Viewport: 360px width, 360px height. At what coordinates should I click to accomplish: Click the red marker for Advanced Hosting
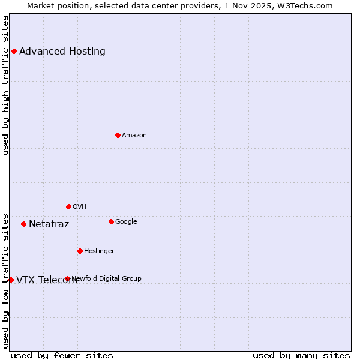tap(14, 51)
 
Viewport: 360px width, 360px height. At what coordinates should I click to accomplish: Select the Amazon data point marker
tap(118, 135)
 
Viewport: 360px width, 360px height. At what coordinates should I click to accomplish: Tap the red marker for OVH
tap(68, 206)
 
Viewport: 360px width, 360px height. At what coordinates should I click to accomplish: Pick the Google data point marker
tap(111, 221)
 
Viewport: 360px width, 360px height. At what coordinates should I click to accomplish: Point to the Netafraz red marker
tap(23, 224)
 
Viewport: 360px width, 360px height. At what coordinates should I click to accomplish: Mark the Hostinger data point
tap(80, 251)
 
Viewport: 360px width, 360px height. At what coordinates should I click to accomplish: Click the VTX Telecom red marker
tap(11, 280)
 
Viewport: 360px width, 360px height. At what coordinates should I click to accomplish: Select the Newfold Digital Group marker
tap(67, 278)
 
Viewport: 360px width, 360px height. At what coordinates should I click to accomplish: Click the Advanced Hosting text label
tap(62, 51)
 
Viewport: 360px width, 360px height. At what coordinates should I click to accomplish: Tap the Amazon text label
tap(134, 135)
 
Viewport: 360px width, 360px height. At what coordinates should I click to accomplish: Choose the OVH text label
tap(80, 206)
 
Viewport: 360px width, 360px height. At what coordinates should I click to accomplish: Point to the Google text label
tap(126, 221)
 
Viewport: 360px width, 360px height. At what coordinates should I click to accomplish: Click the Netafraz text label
tap(49, 224)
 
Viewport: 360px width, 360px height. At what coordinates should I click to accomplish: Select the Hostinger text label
tap(99, 251)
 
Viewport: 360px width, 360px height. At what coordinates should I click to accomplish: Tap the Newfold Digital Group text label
tap(107, 278)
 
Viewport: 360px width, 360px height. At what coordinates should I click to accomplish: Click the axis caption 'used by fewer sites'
tap(62, 356)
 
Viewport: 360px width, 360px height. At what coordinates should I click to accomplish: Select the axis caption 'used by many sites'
tap(301, 356)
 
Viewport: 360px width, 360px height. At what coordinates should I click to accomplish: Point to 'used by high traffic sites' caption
tap(6, 85)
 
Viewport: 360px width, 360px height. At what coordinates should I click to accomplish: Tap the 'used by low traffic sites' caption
tap(6, 280)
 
